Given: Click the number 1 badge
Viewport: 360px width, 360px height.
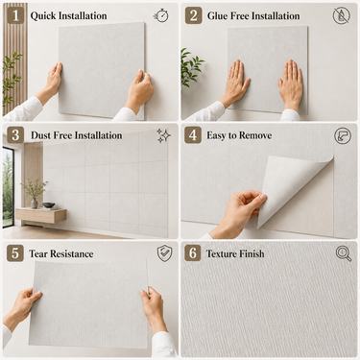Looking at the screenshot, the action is point(15,15).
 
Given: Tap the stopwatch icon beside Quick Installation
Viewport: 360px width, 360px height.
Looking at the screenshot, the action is point(161,15).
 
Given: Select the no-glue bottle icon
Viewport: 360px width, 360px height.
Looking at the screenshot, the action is point(341,15).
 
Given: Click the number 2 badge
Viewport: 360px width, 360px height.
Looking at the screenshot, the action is point(194,15).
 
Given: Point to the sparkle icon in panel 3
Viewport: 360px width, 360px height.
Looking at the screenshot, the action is point(163,135).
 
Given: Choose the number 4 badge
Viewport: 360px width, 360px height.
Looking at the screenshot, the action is point(193,135).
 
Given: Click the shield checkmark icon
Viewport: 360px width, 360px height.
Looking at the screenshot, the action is point(165,253).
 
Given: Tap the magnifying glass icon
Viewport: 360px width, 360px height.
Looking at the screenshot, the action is point(344,253).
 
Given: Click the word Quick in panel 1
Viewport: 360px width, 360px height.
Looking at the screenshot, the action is point(43,16).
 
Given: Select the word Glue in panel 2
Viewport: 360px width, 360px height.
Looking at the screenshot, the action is point(218,15).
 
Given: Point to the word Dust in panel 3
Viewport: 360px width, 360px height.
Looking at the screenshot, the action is point(40,135).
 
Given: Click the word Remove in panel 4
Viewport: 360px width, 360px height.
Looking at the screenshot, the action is point(255,135).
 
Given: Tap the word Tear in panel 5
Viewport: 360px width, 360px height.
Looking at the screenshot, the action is point(38,253).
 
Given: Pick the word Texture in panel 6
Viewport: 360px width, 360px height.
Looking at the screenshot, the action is point(223,253).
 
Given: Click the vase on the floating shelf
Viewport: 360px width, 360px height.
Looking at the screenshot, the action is point(34,204).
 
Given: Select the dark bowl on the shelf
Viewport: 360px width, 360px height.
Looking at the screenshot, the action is point(48,204).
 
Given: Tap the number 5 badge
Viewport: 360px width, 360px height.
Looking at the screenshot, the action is point(15,253).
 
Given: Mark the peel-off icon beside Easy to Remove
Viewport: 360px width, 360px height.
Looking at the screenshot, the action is point(343,135).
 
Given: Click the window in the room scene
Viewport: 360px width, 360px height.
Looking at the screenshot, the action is point(8,187).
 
